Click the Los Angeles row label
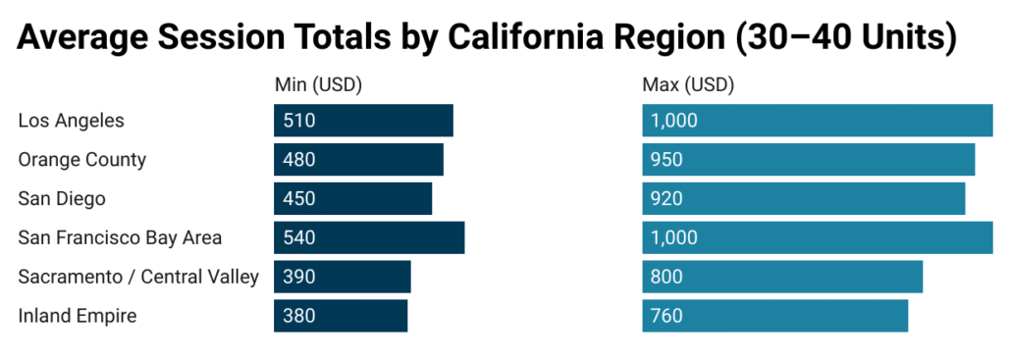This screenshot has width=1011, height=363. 72,121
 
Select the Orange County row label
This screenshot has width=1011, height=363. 81,160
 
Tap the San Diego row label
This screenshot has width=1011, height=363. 62,198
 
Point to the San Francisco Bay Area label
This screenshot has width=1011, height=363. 120,237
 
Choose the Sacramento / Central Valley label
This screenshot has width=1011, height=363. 138,277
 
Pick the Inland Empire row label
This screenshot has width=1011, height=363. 78,316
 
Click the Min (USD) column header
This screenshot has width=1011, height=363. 318,85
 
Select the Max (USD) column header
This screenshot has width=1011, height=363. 688,85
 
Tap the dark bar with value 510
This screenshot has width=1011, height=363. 363,121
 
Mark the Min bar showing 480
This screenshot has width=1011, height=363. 358,160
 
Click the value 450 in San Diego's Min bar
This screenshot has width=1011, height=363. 299,198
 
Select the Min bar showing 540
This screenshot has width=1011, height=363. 369,237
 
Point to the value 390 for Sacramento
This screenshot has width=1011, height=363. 299,277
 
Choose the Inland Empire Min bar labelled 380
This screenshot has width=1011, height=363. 341,316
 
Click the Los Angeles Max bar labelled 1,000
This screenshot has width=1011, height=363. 818,121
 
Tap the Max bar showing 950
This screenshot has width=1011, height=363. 809,160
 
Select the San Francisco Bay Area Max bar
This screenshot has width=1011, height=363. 818,237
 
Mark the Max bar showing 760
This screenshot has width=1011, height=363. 775,316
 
